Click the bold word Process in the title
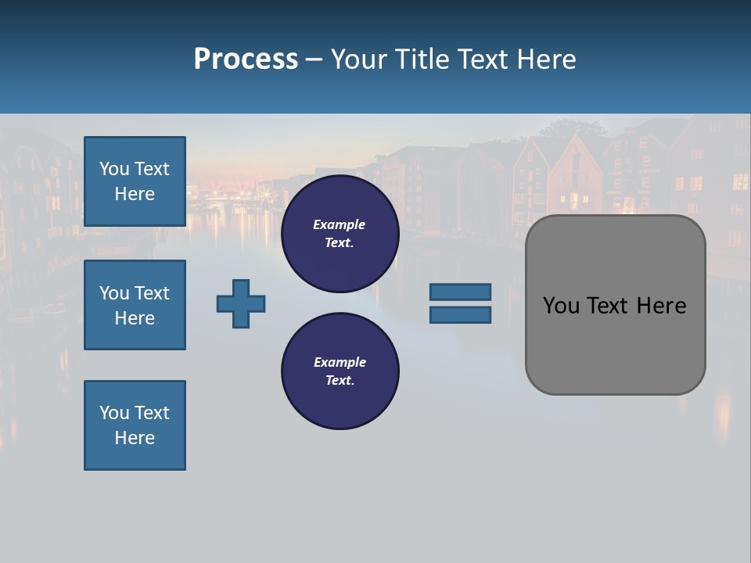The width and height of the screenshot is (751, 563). tap(246, 59)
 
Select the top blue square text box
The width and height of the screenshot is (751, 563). tap(135, 181)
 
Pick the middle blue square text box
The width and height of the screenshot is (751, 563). tap(135, 305)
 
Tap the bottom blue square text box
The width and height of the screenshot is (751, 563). tap(135, 425)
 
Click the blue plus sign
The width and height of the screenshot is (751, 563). tap(241, 303)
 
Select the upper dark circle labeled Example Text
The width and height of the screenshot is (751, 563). tap(340, 234)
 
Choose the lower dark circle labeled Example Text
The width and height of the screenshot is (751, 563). tap(340, 371)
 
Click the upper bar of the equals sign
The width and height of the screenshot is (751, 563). tap(460, 292)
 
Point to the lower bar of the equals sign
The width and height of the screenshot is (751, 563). tap(460, 315)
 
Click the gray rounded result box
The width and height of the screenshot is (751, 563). tap(615, 344)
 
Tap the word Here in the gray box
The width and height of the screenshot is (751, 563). tap(661, 306)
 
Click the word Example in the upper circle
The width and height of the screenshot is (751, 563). tap(340, 224)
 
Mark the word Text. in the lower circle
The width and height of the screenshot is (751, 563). tap(340, 381)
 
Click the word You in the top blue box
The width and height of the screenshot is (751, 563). tap(113, 169)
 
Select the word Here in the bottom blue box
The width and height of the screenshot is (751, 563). tap(135, 438)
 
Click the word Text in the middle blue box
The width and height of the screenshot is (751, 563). tap(152, 293)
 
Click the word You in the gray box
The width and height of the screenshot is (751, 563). tap(561, 306)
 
